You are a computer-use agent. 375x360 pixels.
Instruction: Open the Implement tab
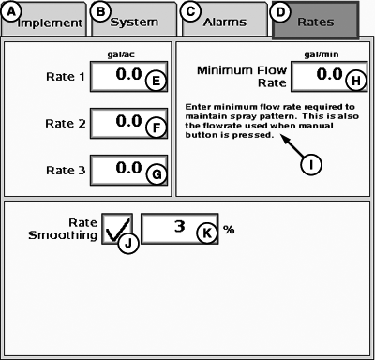[42, 20]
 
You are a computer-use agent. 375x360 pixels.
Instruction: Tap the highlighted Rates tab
[315, 20]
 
